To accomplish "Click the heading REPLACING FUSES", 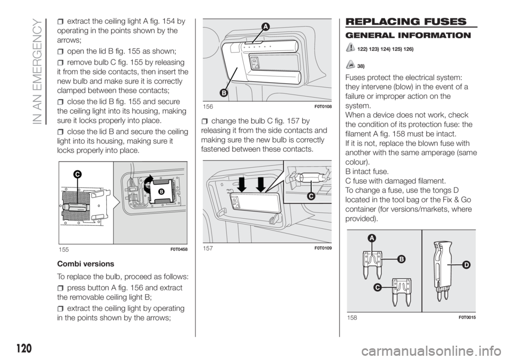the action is coord(406,22).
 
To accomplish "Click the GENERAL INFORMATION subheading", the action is coord(408,36).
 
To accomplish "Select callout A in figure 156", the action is coord(266,27).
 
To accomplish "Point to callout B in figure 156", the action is coord(223,93).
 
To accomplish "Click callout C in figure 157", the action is coord(311,196).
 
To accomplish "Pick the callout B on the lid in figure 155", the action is coord(160,192).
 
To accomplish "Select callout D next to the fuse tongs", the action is coord(466,265).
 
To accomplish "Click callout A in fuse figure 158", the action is coord(372,238).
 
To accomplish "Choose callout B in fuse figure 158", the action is coord(401,259).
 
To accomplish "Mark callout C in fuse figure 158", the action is coord(377,287).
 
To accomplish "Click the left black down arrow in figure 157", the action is coord(242,184).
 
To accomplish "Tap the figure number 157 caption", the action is coord(208,248).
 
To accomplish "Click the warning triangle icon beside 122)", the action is coord(350,48).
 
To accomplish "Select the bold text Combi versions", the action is coord(86,264).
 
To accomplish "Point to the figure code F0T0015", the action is coord(467,318).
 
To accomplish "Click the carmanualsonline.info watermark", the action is coord(435,350).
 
